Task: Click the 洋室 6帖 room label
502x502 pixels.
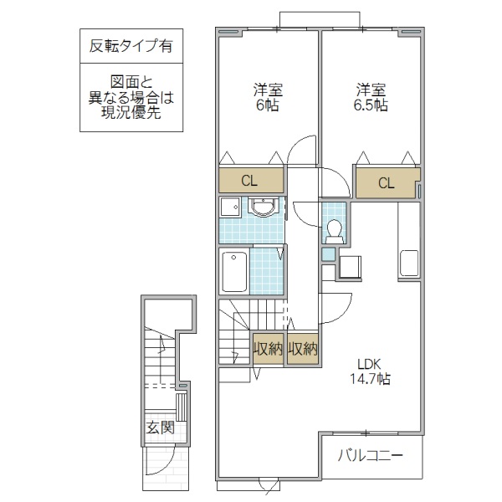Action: pyautogui.click(x=268, y=98)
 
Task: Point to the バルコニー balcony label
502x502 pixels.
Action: pyautogui.click(x=371, y=456)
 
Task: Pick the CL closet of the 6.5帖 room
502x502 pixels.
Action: pyautogui.click(x=385, y=183)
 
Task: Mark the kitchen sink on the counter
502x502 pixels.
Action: pyautogui.click(x=409, y=262)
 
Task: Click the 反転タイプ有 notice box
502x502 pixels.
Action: pyautogui.click(x=131, y=47)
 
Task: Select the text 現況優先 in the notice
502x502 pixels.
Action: pyautogui.click(x=131, y=113)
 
